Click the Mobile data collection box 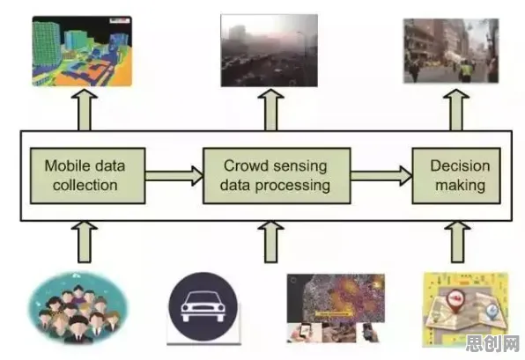(x=88, y=176)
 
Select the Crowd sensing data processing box (x=277, y=176)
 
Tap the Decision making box (x=456, y=176)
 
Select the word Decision (x=460, y=165)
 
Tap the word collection (x=85, y=185)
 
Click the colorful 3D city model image (x=82, y=51)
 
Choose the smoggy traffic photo (x=270, y=50)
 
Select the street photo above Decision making (x=451, y=51)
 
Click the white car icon (x=203, y=306)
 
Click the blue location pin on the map (x=492, y=312)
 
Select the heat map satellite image (x=336, y=298)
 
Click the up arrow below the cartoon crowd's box (x=85, y=241)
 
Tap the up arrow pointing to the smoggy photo (x=271, y=110)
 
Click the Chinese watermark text (x=492, y=343)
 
